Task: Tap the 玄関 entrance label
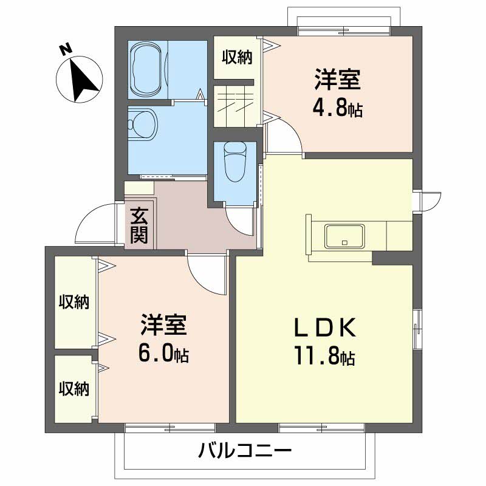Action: coord(140,225)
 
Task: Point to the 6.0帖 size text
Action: coord(163,354)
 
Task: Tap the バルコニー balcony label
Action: coord(245,451)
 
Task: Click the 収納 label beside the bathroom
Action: coord(236,58)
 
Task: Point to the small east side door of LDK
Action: coord(428,200)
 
